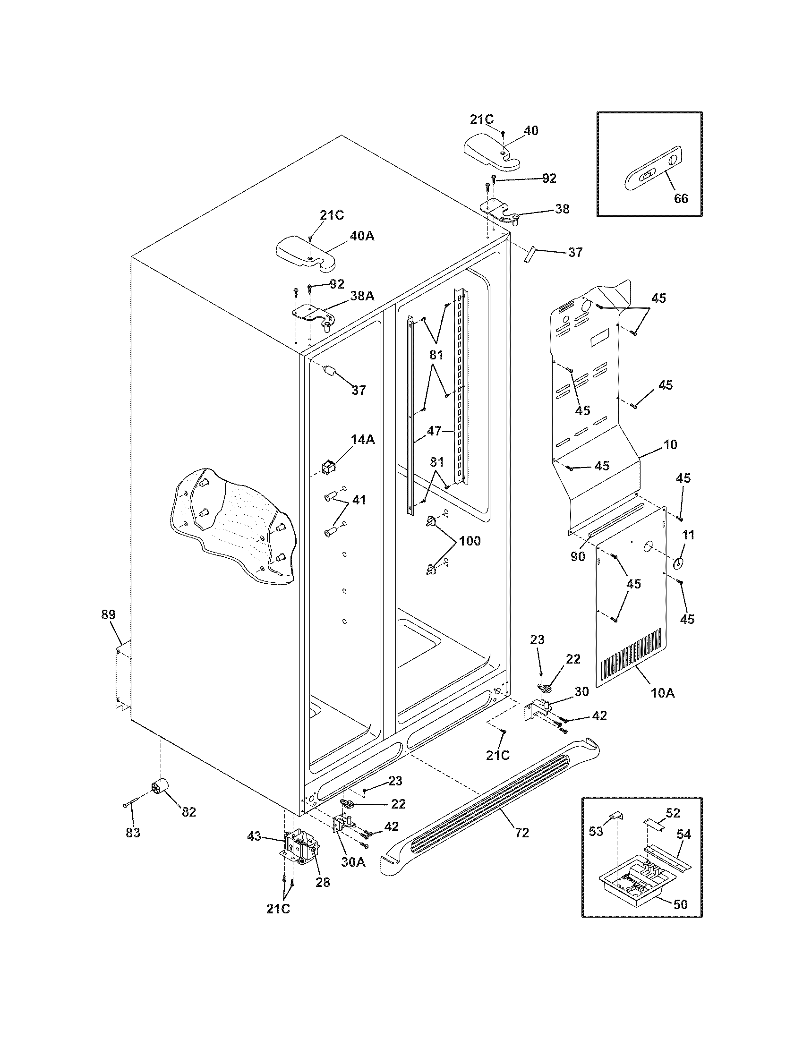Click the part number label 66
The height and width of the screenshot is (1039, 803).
click(681, 198)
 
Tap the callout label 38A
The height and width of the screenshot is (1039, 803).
click(362, 296)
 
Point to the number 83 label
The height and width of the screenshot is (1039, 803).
click(133, 833)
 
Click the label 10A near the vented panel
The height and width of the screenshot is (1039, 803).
click(663, 693)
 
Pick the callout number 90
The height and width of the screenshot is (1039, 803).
click(578, 556)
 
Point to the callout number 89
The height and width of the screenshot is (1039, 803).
click(108, 614)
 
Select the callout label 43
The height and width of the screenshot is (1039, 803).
click(255, 835)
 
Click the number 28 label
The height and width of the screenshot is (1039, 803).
click(323, 882)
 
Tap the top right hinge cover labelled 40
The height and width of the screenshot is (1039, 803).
click(490, 154)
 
